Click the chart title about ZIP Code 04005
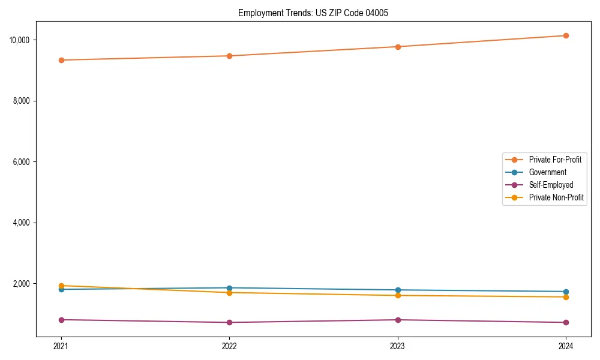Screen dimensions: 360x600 pyautogui.click(x=313, y=13)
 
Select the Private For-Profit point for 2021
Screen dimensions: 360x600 pyautogui.click(x=61, y=60)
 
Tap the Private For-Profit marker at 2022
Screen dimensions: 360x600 pyautogui.click(x=229, y=56)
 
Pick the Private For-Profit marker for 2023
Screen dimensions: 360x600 pyautogui.click(x=398, y=47)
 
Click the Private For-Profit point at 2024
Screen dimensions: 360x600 pyautogui.click(x=566, y=36)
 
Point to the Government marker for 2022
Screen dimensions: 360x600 pyautogui.click(x=229, y=288)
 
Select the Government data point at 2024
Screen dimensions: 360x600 pyautogui.click(x=566, y=292)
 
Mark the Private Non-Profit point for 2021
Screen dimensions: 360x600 pyautogui.click(x=61, y=286)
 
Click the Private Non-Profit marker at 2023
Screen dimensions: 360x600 pyautogui.click(x=398, y=295)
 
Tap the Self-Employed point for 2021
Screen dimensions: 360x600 pyautogui.click(x=61, y=320)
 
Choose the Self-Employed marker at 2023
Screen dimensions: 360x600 pyautogui.click(x=398, y=320)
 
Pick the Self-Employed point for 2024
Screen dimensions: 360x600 pyautogui.click(x=566, y=322)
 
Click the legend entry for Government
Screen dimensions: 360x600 pyautogui.click(x=547, y=172)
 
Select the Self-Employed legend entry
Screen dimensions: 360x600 pyautogui.click(x=551, y=185)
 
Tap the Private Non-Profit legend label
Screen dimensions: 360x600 pyautogui.click(x=556, y=197)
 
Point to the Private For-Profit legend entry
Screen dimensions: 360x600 pyautogui.click(x=555, y=160)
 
